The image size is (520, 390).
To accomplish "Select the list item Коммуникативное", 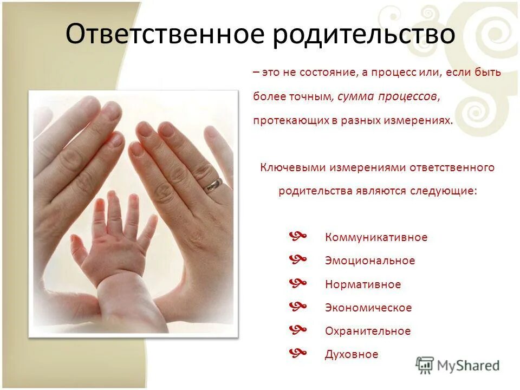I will point(376,237).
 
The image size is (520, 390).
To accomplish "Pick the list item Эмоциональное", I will point(370,261).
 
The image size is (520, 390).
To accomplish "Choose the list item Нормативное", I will point(363,284).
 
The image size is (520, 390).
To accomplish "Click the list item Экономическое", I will point(368,308).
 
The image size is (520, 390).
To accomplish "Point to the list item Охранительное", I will point(368,331).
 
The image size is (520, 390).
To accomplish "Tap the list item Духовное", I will point(352,354).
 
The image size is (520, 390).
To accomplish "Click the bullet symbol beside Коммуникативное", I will point(298,236).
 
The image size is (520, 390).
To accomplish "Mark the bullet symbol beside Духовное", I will point(298,353).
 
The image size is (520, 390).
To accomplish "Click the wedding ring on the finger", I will point(213,184).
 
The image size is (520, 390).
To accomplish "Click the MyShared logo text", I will point(469,366).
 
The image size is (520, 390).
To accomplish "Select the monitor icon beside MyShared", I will point(425,366).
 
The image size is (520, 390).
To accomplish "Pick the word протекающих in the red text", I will point(288,120).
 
